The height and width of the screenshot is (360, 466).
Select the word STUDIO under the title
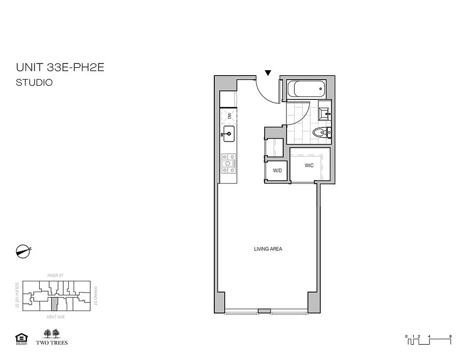click(x=34, y=83)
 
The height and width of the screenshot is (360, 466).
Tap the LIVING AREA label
click(x=268, y=249)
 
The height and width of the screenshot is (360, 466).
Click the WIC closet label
click(x=309, y=166)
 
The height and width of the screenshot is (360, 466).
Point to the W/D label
click(x=277, y=171)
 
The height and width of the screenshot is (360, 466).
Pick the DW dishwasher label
click(x=229, y=116)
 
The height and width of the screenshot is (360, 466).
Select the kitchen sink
click(x=229, y=133)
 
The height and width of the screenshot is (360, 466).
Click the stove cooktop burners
click(x=229, y=164)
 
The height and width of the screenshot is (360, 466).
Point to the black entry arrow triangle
click(x=268, y=73)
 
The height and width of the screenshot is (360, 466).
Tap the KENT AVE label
click(x=54, y=317)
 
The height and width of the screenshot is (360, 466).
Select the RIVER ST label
click(x=54, y=274)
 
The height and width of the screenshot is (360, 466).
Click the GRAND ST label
click(x=95, y=296)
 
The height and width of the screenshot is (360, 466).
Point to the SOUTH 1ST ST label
click(x=16, y=296)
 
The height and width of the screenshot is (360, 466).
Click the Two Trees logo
click(x=55, y=337)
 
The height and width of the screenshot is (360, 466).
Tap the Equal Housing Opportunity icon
click(x=21, y=338)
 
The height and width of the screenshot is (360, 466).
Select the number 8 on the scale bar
click(x=450, y=336)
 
